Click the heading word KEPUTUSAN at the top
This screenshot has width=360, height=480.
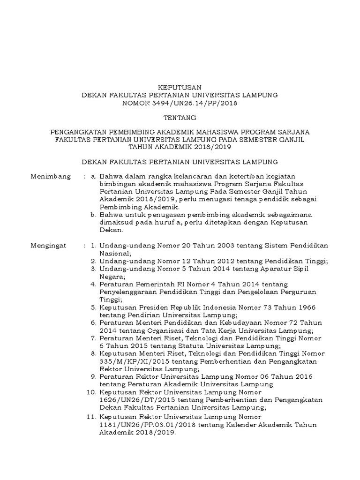point(180,87)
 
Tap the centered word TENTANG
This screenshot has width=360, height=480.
point(180,118)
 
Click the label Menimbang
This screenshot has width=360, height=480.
point(51,177)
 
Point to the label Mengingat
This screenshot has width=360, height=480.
point(49,246)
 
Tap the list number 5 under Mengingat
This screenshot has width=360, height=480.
point(94,307)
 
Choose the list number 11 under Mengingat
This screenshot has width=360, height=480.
point(92,417)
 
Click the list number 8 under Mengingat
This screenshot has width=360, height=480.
point(94,353)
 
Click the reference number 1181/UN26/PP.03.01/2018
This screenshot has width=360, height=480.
point(146,425)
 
